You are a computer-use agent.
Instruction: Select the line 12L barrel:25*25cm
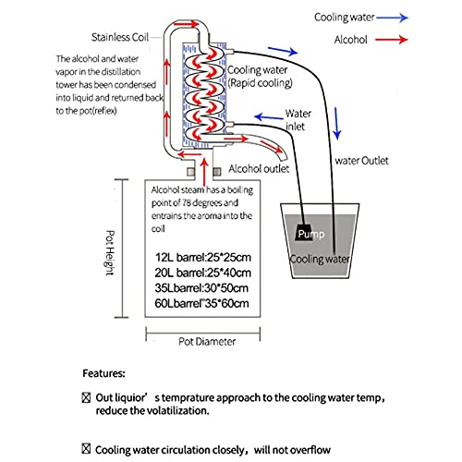209,255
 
